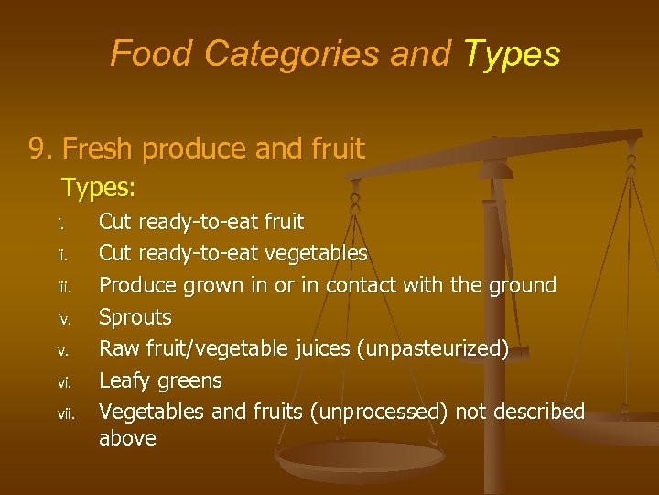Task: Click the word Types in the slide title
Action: pos(512,54)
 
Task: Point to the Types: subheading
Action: pos(99,189)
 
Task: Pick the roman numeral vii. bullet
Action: pos(65,412)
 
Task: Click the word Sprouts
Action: pos(135,318)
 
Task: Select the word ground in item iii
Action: pos(520,286)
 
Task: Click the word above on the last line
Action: pos(127,438)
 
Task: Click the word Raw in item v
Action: pos(115,348)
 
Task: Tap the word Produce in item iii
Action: pos(137,286)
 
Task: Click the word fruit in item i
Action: pos(283,222)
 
